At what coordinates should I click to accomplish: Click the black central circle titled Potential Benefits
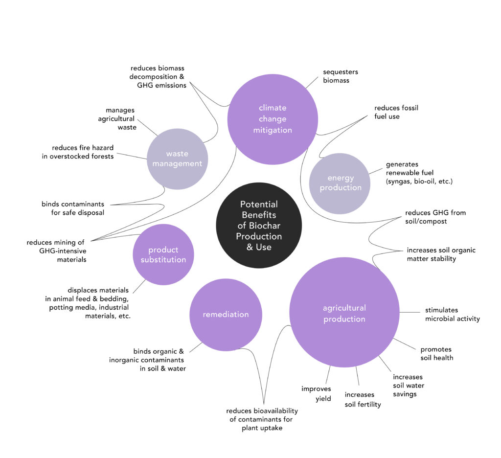259,225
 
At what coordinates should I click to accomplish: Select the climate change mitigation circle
273,119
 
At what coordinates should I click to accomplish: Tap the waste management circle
177,159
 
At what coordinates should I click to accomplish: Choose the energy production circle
341,183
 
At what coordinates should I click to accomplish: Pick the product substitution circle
163,254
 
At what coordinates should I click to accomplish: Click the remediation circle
226,314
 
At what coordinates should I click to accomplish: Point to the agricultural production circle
344,313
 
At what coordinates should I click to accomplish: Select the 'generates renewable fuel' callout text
419,173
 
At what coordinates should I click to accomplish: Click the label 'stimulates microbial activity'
452,314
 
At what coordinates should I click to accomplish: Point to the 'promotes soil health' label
436,353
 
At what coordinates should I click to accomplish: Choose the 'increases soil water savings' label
409,385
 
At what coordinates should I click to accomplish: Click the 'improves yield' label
316,393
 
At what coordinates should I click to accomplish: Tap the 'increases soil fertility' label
363,399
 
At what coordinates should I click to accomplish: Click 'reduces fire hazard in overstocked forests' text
83,152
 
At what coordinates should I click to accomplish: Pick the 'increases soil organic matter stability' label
441,254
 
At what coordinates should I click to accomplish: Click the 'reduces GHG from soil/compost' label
435,217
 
